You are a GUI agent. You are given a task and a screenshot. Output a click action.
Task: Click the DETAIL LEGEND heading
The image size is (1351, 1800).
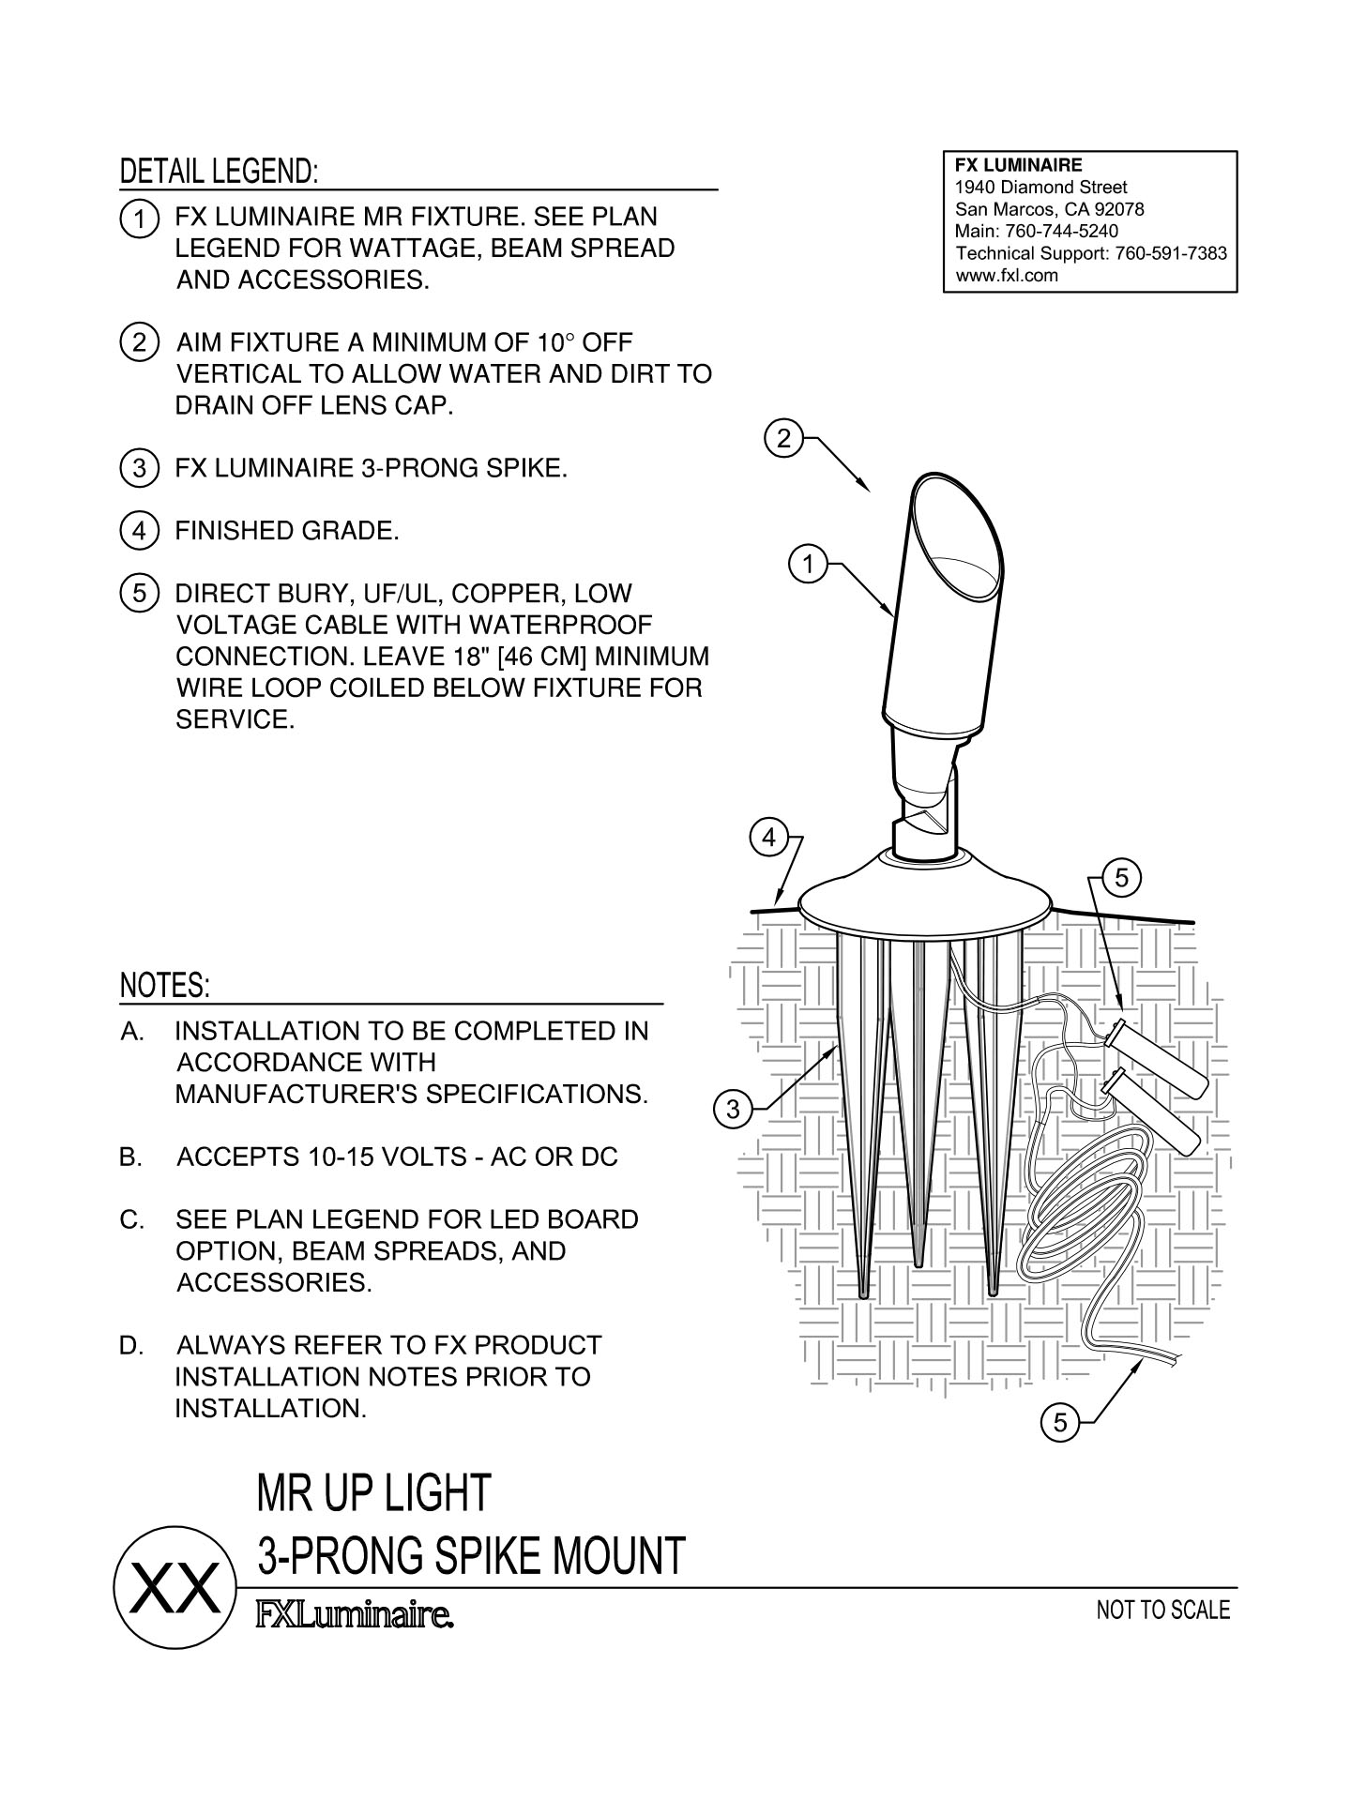pos(220,172)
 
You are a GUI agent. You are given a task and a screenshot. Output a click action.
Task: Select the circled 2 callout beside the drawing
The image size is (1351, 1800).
pos(784,437)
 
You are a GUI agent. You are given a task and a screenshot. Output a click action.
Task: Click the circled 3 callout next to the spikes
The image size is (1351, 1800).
pos(733,1110)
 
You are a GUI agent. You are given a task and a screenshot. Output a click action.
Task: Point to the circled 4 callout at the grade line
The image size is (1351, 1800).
pos(769,838)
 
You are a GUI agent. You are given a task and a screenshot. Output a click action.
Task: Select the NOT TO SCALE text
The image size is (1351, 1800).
pos(1162,1611)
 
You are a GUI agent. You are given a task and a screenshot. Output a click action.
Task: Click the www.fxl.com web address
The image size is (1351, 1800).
pos(1006,276)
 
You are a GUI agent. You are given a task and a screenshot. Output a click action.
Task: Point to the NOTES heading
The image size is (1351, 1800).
pos(165,986)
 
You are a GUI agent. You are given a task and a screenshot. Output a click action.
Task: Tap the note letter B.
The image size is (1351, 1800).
pos(130,1157)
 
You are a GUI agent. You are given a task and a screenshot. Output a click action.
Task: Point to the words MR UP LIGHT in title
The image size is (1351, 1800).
pos(373,1492)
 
